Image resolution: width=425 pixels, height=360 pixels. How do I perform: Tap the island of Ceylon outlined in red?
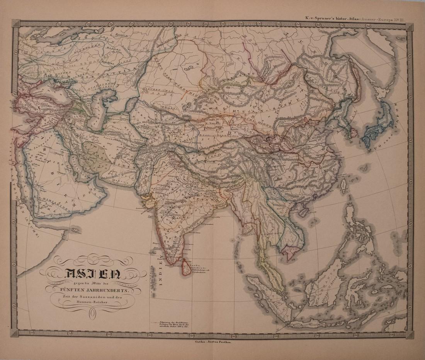click(186, 266)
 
